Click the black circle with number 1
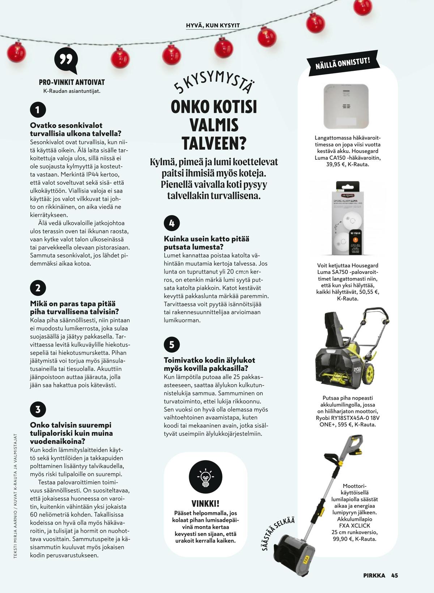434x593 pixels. point(38,110)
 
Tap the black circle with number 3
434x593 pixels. point(38,409)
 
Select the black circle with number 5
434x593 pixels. point(172,345)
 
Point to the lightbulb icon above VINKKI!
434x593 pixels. point(205,478)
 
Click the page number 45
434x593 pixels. point(394,575)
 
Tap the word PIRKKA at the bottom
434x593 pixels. point(374,575)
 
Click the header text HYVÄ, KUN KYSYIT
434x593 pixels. point(213,26)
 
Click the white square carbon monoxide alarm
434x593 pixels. point(346,106)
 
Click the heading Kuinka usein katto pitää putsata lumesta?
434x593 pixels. point(206,243)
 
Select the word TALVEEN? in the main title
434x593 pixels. point(213,143)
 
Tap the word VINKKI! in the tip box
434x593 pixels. point(205,503)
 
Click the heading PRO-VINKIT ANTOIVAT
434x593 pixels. point(72,82)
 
